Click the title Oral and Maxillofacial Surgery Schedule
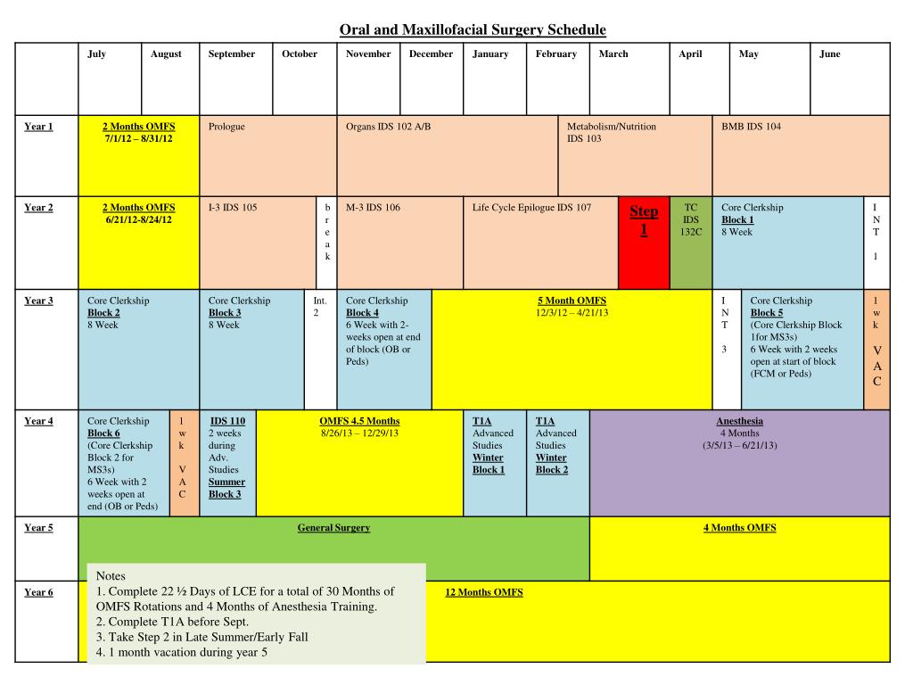pos(473,30)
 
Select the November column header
pos(368,54)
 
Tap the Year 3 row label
pos(38,301)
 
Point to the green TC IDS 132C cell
pos(690,219)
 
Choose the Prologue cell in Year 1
pos(267,156)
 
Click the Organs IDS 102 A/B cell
pos(447,156)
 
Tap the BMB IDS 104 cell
pos(800,156)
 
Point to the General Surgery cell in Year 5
pos(333,528)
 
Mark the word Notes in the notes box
pos(111,576)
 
